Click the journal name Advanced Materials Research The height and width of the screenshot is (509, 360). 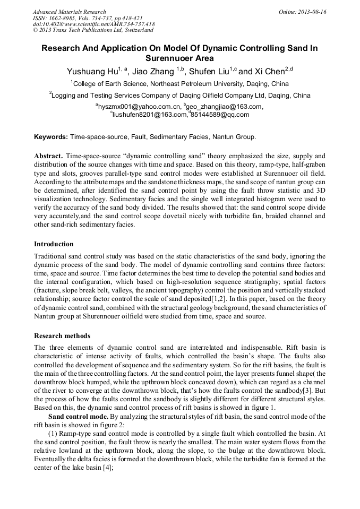[69, 12]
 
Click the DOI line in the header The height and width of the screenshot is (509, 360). [93, 24]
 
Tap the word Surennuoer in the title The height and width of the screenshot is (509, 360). [179, 58]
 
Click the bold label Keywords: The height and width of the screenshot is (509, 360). [50, 137]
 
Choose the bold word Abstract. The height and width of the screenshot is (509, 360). [49, 157]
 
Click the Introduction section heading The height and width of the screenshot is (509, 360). [54, 244]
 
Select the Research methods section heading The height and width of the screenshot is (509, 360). [62, 336]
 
